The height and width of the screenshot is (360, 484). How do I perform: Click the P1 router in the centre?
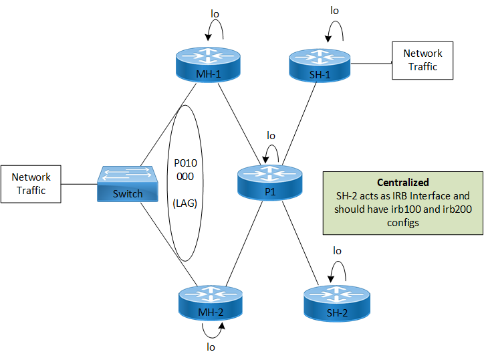(x=270, y=181)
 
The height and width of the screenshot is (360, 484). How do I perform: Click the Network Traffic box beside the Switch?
(x=32, y=183)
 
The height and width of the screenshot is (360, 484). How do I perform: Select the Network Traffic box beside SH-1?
(x=422, y=60)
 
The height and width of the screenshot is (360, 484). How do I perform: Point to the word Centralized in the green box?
(x=402, y=182)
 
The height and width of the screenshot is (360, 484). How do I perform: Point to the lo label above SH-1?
(x=335, y=11)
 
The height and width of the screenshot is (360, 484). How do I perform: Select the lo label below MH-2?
(x=211, y=347)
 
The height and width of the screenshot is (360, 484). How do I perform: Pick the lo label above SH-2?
(x=338, y=250)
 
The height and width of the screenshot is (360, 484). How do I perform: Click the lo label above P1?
(x=271, y=134)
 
